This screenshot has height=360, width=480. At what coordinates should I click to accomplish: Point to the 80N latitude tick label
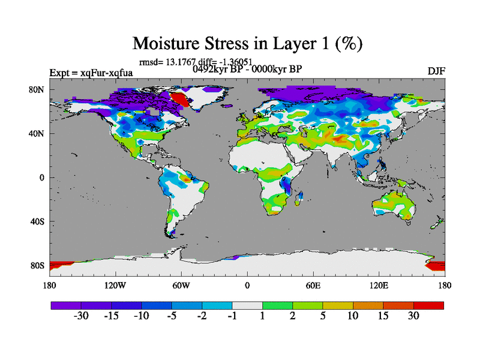tap(38, 90)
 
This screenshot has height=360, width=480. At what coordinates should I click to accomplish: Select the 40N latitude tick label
tap(38, 134)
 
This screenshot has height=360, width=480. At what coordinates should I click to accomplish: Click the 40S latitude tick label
tap(38, 221)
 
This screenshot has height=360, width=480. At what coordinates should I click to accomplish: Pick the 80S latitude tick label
tap(38, 265)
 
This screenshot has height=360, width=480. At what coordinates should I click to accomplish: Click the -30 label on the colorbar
tap(81, 316)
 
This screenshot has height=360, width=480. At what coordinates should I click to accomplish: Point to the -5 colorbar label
tap(172, 316)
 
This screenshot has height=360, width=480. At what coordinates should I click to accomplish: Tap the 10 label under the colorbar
tap(353, 316)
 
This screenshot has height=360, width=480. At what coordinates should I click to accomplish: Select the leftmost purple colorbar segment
tap(66, 305)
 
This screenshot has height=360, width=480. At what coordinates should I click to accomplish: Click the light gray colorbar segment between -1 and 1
tap(247, 305)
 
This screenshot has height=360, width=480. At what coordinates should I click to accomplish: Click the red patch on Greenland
tap(179, 100)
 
